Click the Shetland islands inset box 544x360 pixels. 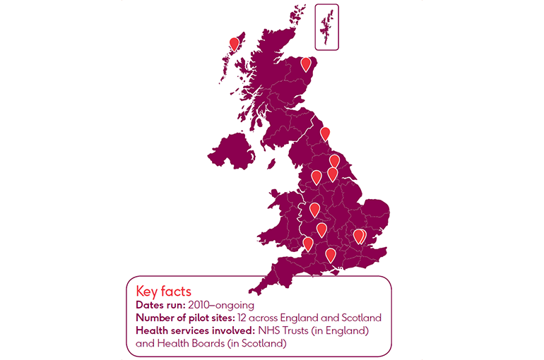(x=327, y=27)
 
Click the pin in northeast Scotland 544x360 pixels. (x=306, y=64)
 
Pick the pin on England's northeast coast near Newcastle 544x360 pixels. (x=325, y=133)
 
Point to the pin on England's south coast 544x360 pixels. (x=330, y=255)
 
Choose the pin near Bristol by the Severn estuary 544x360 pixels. (x=308, y=244)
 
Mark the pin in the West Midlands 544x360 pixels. (x=314, y=209)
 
